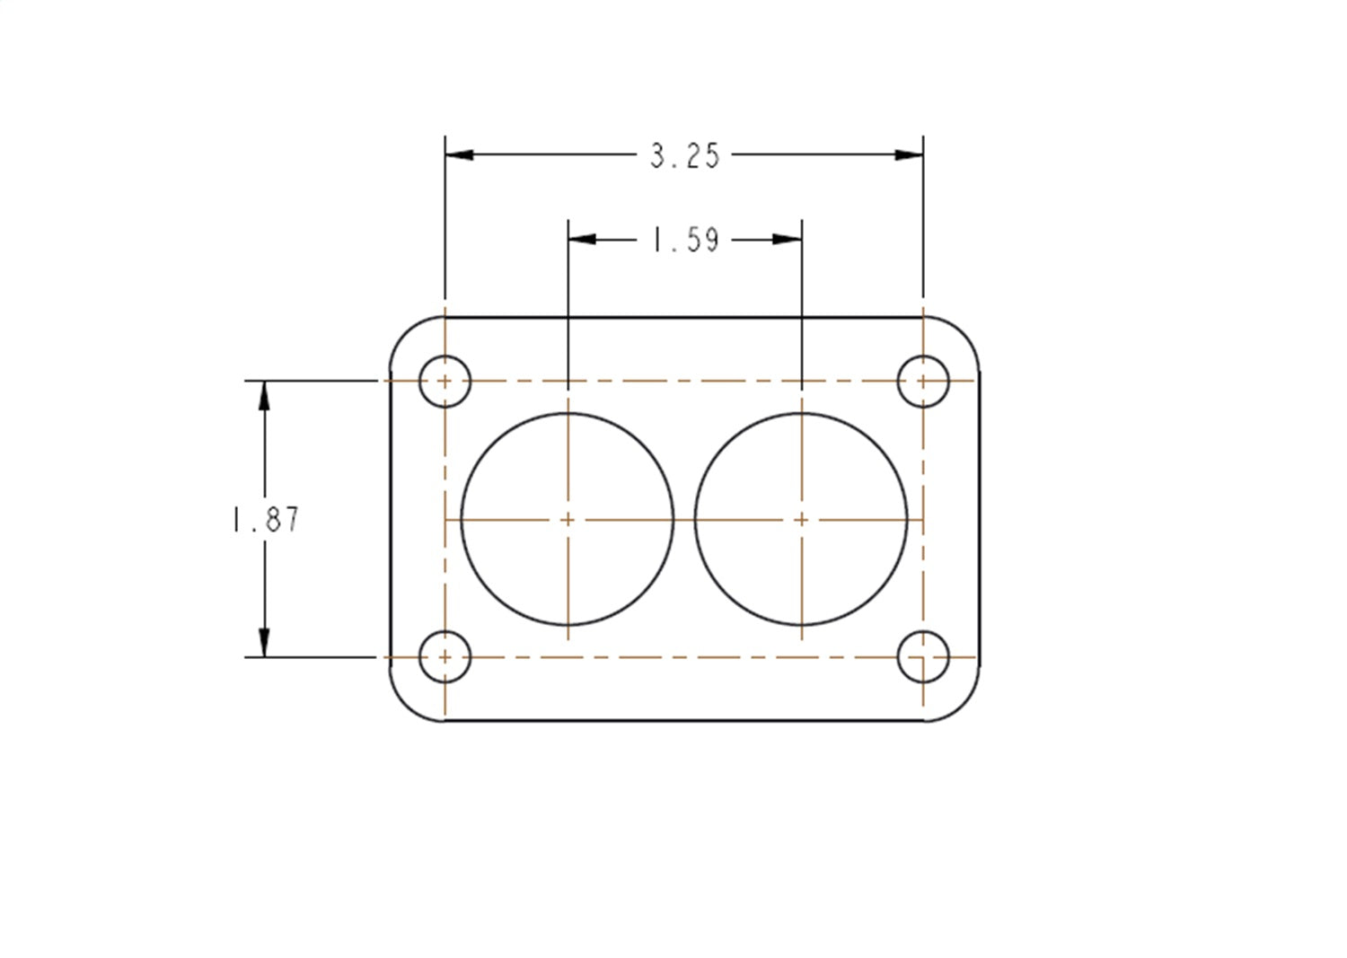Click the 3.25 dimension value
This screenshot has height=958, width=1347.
coord(684,156)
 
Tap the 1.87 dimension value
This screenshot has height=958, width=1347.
coord(266,520)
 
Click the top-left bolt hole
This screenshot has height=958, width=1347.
coord(445,381)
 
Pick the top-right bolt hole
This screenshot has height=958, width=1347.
coord(923,381)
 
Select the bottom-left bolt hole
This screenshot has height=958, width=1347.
coord(445,657)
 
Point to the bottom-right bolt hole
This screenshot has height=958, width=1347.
coord(923,657)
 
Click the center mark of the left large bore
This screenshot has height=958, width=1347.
coord(568,520)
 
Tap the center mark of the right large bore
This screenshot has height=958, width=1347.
coord(802,520)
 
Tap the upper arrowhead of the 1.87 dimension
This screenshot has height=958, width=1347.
coord(264,396)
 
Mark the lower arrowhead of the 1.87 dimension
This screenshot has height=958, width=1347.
coord(264,642)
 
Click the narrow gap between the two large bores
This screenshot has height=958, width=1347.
coord(684,520)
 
